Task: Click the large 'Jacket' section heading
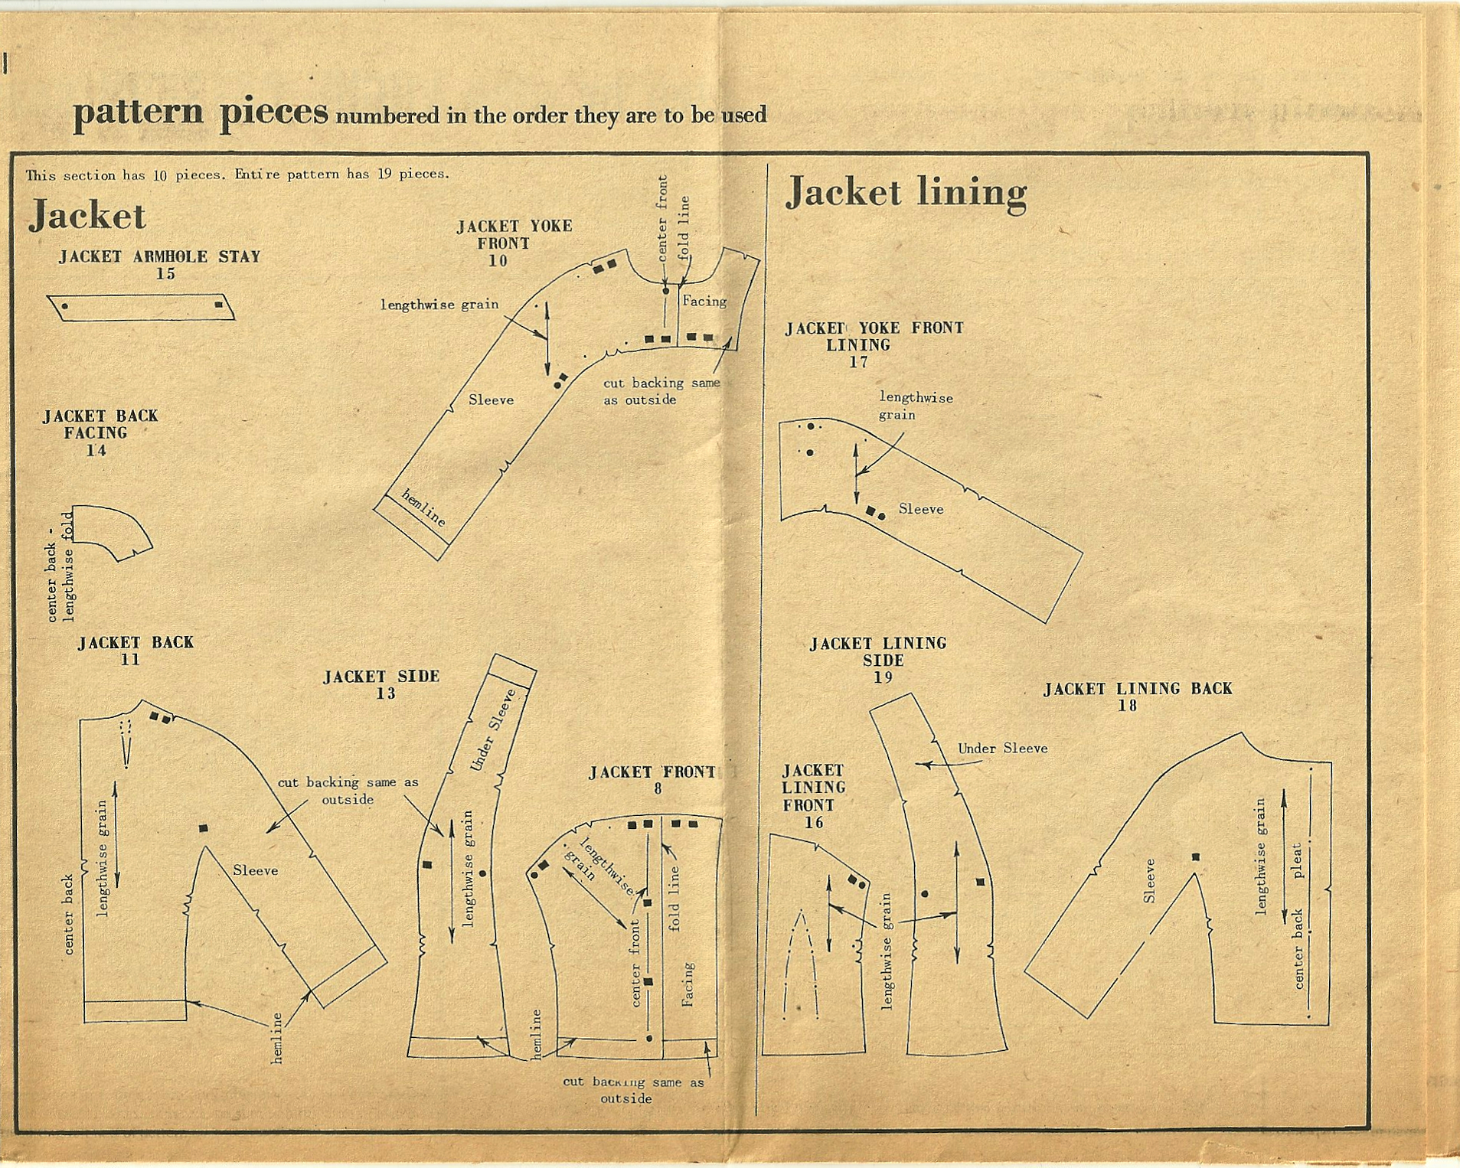coord(87,216)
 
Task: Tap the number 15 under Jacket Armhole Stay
coord(165,274)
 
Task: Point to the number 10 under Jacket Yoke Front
coord(498,261)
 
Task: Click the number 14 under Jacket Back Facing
coord(96,450)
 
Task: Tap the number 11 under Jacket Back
coord(130,660)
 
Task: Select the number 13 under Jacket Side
coord(386,693)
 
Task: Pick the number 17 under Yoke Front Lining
coord(858,362)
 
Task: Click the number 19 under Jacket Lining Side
coord(883,677)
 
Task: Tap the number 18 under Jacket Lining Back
coord(1127,706)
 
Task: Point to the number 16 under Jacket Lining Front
coord(813,823)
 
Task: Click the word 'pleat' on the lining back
coord(1297,860)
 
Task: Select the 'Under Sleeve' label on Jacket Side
coord(493,730)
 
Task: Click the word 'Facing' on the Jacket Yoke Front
coord(704,302)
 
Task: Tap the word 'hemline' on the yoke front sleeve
coord(423,507)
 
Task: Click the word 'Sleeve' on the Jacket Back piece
coord(255,870)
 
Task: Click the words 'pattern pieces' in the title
coord(201,113)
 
